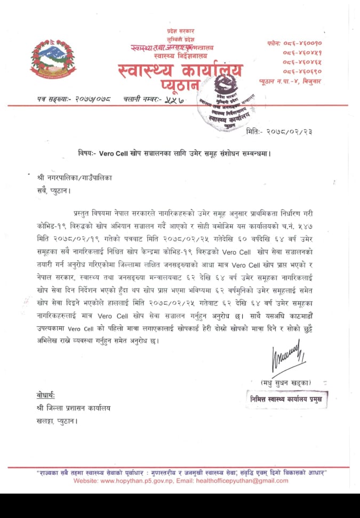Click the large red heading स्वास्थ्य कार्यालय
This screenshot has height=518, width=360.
(x=181, y=70)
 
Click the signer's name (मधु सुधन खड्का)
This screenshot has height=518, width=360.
(x=286, y=383)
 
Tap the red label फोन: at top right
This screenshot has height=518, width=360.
(x=276, y=43)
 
